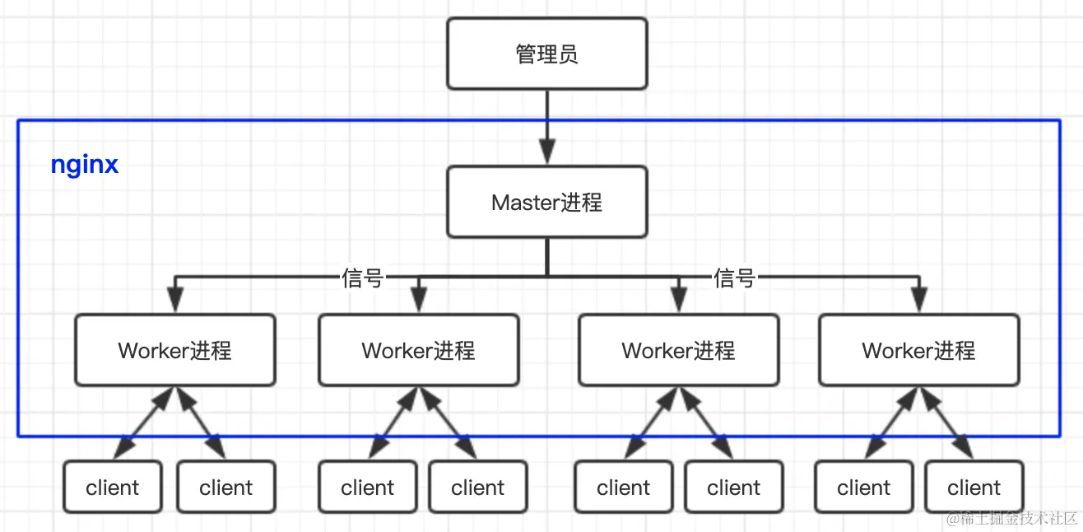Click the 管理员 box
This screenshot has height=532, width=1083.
[x=546, y=54]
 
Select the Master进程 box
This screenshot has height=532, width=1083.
[x=546, y=202]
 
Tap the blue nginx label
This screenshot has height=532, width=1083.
[x=85, y=165]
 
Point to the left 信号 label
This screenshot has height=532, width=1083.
[x=363, y=278]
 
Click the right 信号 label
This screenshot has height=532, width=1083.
[x=734, y=278]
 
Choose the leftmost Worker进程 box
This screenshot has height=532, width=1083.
[x=174, y=350]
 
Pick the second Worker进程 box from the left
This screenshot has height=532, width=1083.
[x=418, y=350]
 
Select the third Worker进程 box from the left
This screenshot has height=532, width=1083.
[x=678, y=350]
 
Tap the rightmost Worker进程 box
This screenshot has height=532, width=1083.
[x=918, y=350]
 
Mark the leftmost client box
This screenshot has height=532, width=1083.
[x=112, y=488]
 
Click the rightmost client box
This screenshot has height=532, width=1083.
[x=974, y=488]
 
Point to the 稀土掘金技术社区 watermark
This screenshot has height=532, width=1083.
[x=1011, y=518]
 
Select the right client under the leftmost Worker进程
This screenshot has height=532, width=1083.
[x=225, y=488]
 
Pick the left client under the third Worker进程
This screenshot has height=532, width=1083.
[x=623, y=488]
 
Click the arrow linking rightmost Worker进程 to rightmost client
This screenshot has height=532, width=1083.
[x=946, y=423]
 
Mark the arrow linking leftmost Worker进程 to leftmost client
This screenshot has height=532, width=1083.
[x=144, y=423]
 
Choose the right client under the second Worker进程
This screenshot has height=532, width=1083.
[x=477, y=488]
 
